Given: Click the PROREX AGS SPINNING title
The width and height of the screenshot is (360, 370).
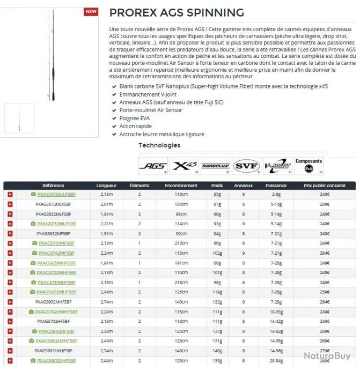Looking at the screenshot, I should pos(176,12).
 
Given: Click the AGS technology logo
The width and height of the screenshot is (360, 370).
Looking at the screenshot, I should pos(153,166).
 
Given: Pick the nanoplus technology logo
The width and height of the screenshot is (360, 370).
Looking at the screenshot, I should pos(215,166).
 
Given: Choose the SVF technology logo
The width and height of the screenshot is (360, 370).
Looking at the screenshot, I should pos(247,166).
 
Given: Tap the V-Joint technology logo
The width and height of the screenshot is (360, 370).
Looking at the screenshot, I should pos(277,166).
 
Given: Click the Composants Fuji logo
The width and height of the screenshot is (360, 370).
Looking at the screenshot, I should pos(309,165).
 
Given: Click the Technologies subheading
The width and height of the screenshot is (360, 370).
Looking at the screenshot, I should pos(159,145).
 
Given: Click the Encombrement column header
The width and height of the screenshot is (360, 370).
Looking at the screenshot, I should pos(177,186).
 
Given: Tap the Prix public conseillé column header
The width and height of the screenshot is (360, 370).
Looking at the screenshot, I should pos(325,186).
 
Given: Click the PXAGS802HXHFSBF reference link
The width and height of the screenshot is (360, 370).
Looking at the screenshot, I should pos(56,341).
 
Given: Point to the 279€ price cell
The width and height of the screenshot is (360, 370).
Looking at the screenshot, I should pos(325,350).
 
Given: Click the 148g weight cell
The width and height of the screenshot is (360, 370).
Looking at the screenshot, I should pos(217,350).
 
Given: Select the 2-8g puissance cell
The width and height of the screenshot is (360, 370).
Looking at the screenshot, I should pos(276,195).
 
